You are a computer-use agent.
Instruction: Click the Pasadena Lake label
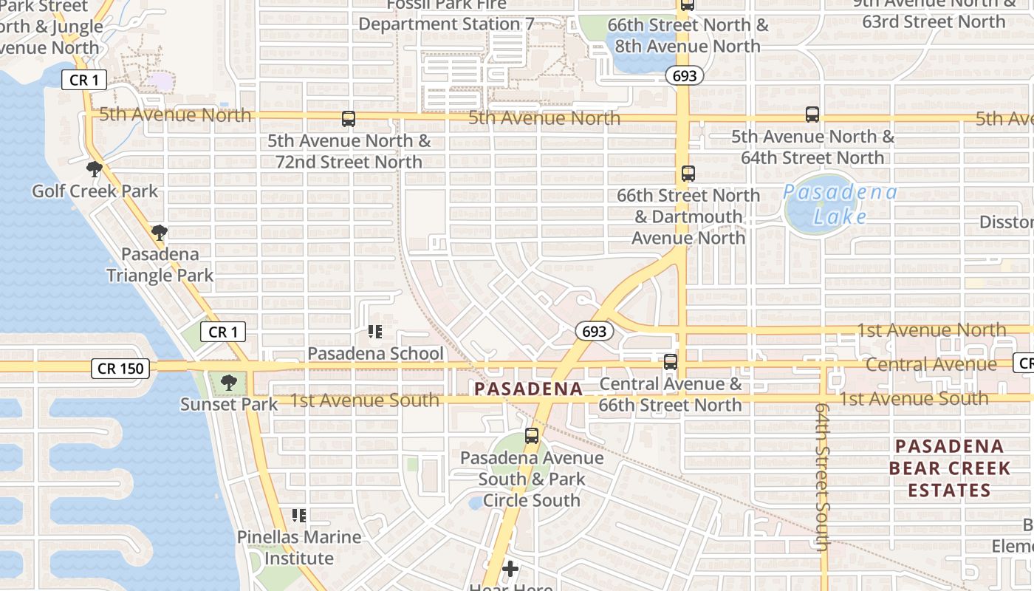[x=840, y=204]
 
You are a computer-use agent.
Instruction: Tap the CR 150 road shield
[x=120, y=368]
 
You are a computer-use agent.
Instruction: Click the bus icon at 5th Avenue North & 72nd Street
[x=349, y=118]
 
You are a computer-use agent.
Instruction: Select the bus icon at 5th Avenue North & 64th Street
[x=812, y=115]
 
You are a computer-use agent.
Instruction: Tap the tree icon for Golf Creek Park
[x=94, y=169]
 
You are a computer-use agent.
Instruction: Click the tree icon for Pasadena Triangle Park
[x=159, y=233]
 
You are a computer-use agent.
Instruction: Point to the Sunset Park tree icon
[x=229, y=382]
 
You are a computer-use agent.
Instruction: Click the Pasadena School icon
[x=375, y=332]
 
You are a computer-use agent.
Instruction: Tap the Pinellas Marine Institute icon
[x=299, y=515]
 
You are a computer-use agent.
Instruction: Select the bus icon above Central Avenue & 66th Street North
[x=671, y=362]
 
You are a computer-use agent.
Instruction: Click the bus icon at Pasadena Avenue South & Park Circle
[x=532, y=436]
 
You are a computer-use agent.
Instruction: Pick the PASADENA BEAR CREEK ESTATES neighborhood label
[x=949, y=468]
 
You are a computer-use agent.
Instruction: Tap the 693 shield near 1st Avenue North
[x=594, y=332]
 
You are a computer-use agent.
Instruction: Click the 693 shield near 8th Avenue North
[x=684, y=75]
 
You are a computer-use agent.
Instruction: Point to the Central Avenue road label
[x=931, y=364]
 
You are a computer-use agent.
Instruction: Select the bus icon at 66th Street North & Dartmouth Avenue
[x=688, y=174]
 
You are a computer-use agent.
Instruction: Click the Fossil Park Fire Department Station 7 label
[x=446, y=15]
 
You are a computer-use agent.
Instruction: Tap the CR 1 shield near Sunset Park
[x=223, y=332]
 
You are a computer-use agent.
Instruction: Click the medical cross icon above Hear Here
[x=510, y=569]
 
